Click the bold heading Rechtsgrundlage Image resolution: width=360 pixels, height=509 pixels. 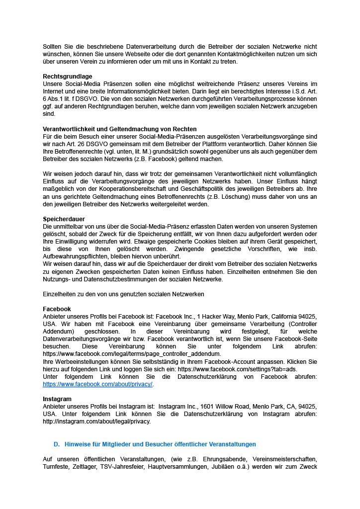[68, 77]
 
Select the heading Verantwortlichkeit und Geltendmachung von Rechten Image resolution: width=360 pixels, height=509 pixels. [120, 129]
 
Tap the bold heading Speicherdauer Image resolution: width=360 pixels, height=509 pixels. [64, 219]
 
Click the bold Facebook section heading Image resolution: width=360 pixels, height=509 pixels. [57, 309]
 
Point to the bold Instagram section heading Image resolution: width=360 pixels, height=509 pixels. [57, 399]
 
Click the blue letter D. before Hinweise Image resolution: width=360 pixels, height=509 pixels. [57, 444]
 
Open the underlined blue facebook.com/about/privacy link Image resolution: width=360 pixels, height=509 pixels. [98, 384]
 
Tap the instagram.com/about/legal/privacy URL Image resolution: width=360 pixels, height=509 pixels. [96, 422]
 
